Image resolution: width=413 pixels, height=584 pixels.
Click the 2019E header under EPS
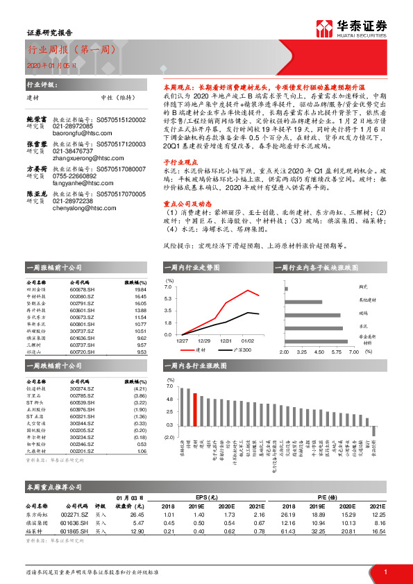200,506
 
